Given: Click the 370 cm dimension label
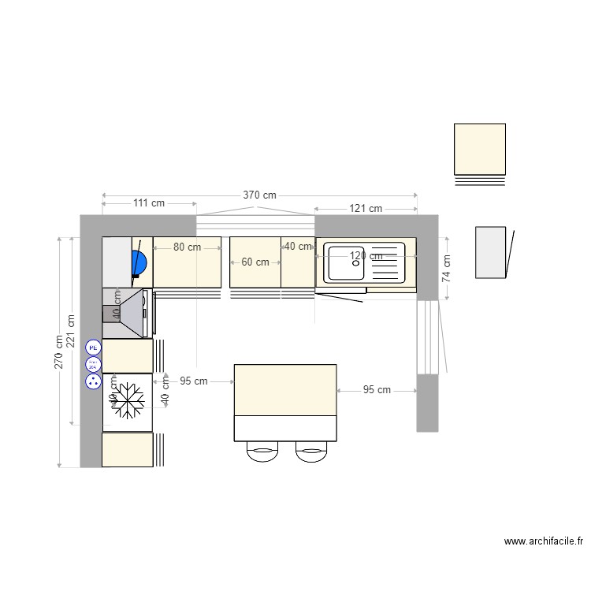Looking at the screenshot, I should click(259, 195).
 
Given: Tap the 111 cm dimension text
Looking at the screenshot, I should click(148, 203).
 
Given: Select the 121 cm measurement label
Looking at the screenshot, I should click(366, 208).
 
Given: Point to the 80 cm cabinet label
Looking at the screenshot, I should click(187, 247).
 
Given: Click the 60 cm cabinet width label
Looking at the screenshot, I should click(255, 262).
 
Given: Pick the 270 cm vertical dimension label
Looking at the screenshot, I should click(59, 352).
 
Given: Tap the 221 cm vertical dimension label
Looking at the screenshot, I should click(72, 332).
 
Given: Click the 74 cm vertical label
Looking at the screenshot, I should click(446, 268).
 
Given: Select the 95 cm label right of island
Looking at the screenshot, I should click(377, 389).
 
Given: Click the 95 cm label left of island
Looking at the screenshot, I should click(194, 381).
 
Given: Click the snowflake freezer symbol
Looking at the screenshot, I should click(127, 401).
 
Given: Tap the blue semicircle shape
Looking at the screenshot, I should click(140, 262).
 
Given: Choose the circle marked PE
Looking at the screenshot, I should click(93, 347).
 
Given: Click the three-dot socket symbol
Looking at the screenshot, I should click(93, 381).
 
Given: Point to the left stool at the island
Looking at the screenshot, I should click(262, 452).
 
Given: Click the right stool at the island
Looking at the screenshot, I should click(311, 452).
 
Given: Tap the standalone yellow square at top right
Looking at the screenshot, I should click(479, 149).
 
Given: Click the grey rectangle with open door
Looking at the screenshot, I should click(490, 252).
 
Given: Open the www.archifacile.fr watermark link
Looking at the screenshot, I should click(544, 541).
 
